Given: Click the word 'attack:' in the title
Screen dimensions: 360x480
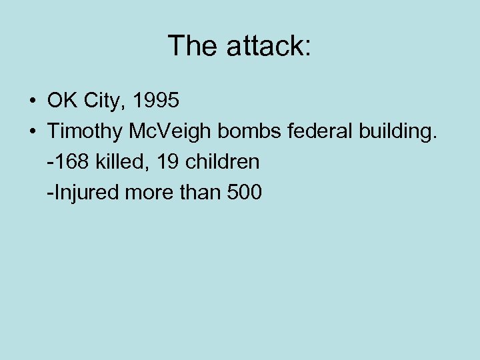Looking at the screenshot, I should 269,46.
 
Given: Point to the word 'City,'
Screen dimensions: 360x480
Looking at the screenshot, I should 104,102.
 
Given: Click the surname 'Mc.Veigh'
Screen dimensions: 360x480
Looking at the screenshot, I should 168,132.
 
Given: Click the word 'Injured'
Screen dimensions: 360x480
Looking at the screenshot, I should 84,193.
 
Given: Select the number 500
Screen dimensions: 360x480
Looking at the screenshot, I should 245,193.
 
